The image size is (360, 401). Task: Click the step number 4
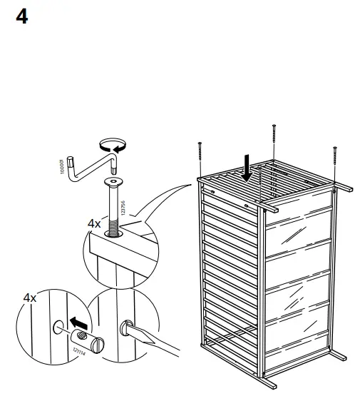click(x=21, y=16)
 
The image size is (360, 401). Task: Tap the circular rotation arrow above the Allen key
click(x=112, y=146)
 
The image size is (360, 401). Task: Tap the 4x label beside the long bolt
click(x=94, y=223)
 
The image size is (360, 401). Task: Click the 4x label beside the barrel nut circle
click(x=29, y=298)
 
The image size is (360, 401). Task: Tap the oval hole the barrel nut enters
click(x=58, y=329)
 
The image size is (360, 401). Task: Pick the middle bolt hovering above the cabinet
click(x=274, y=140)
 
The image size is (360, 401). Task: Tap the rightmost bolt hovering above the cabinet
click(x=334, y=161)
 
